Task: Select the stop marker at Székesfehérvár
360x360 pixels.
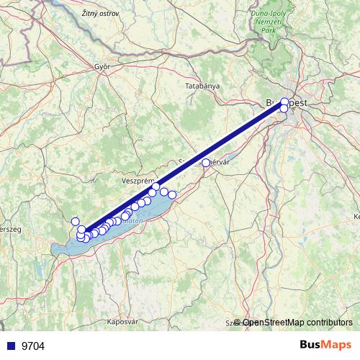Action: coord(206,163)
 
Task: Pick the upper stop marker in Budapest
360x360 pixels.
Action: coord(284,102)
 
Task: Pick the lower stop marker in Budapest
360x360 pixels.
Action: coord(284,109)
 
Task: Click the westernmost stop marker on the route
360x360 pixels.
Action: coord(75,222)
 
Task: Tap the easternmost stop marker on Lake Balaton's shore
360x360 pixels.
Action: coord(172,194)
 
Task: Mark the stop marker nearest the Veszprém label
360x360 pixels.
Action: coord(156,186)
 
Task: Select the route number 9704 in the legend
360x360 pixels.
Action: coord(33,346)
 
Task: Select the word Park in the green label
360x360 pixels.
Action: coord(269,30)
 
